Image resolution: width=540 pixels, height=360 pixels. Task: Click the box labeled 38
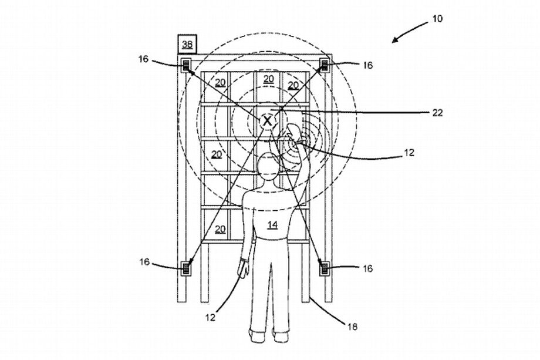(187, 44)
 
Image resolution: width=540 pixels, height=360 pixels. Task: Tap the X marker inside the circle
(267, 121)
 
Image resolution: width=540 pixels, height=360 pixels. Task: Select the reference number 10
(437, 18)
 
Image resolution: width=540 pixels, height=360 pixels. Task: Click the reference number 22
(437, 112)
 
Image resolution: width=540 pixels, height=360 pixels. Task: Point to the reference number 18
(352, 327)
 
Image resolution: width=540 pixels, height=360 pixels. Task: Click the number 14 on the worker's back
(272, 224)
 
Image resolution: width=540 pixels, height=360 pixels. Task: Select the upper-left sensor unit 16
(186, 65)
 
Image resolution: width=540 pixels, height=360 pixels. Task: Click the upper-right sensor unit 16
(325, 65)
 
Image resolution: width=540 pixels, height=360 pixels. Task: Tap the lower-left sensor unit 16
(186, 268)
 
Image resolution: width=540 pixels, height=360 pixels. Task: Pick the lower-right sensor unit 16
(325, 268)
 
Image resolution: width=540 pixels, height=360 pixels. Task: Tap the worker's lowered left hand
(244, 268)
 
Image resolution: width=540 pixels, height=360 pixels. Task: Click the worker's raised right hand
(293, 133)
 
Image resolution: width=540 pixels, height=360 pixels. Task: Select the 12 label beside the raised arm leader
(409, 152)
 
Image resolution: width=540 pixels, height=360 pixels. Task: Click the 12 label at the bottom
(210, 317)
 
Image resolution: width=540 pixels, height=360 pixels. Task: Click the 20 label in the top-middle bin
(269, 79)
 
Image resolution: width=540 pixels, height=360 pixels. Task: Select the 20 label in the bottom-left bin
(221, 229)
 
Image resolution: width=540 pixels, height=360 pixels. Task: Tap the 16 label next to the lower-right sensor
(368, 268)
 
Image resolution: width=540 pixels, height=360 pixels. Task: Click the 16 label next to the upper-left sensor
(144, 59)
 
